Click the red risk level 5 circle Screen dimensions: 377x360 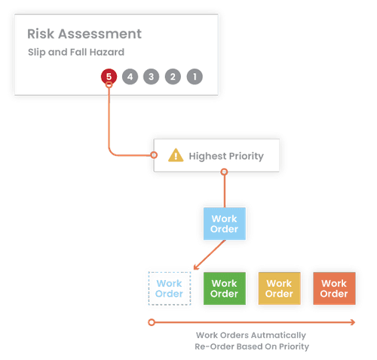[x=109, y=76]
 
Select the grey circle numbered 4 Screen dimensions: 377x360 [x=130, y=77]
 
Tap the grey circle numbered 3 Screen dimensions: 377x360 [x=151, y=77]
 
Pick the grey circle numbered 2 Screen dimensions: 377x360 [x=173, y=77]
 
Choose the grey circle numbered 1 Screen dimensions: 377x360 [x=195, y=77]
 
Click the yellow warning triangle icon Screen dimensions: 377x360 [x=176, y=155]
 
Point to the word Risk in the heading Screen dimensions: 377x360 [x=41, y=34]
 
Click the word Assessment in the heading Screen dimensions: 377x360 [x=100, y=34]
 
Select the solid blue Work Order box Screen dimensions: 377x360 [x=225, y=224]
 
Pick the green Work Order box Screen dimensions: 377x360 [x=225, y=288]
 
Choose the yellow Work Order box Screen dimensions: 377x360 [x=279, y=288]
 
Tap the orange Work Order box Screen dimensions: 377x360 [x=334, y=288]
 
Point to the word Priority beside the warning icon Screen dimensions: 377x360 [x=247, y=156]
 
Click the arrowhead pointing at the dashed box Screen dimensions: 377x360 [x=196, y=267]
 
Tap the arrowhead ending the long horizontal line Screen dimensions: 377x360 [x=353, y=322]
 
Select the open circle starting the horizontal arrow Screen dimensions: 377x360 [x=152, y=322]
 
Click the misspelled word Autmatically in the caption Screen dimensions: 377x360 [x=278, y=335]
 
